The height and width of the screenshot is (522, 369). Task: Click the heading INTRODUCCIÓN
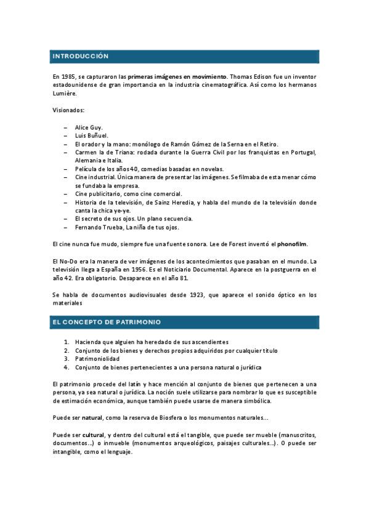tap(81, 56)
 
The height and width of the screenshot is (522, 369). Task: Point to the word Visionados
tap(68, 110)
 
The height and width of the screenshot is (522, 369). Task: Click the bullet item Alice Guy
tap(89, 127)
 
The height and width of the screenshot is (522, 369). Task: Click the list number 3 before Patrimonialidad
tap(67, 359)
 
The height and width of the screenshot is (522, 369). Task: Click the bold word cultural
tap(94, 435)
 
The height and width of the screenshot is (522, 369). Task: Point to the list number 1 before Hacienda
tap(67, 342)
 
